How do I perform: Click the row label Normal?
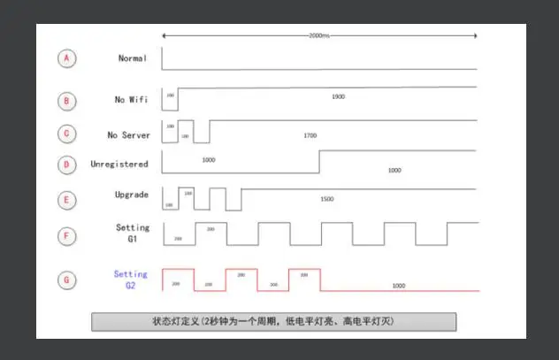(134, 58)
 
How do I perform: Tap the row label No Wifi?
(133, 100)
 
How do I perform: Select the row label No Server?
(129, 134)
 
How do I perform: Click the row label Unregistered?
(119, 165)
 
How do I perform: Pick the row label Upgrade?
(132, 194)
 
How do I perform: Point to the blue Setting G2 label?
(131, 280)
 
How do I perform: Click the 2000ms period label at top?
(320, 35)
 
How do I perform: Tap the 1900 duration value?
(338, 96)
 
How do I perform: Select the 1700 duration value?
(310, 135)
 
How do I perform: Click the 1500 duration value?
(327, 200)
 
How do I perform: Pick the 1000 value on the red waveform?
(398, 286)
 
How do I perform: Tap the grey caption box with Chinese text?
(274, 321)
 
